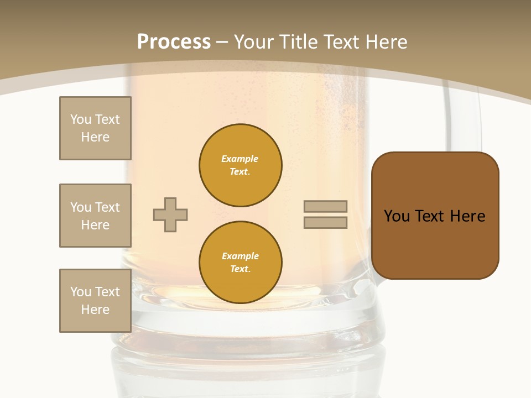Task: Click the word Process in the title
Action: coord(174,42)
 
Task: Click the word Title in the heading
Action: coord(299,42)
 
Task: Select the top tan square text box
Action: coord(95,128)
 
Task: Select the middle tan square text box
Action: coord(95,216)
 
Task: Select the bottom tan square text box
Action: coord(95,301)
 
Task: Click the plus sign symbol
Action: coord(170,214)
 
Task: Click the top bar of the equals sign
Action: coord(325,207)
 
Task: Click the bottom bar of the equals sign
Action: coord(325,223)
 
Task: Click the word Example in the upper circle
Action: coord(240,159)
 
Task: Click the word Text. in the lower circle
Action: coord(240,269)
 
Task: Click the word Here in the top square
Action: coord(95,137)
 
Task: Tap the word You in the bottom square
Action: coord(80,292)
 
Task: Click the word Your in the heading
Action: coord(254,42)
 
